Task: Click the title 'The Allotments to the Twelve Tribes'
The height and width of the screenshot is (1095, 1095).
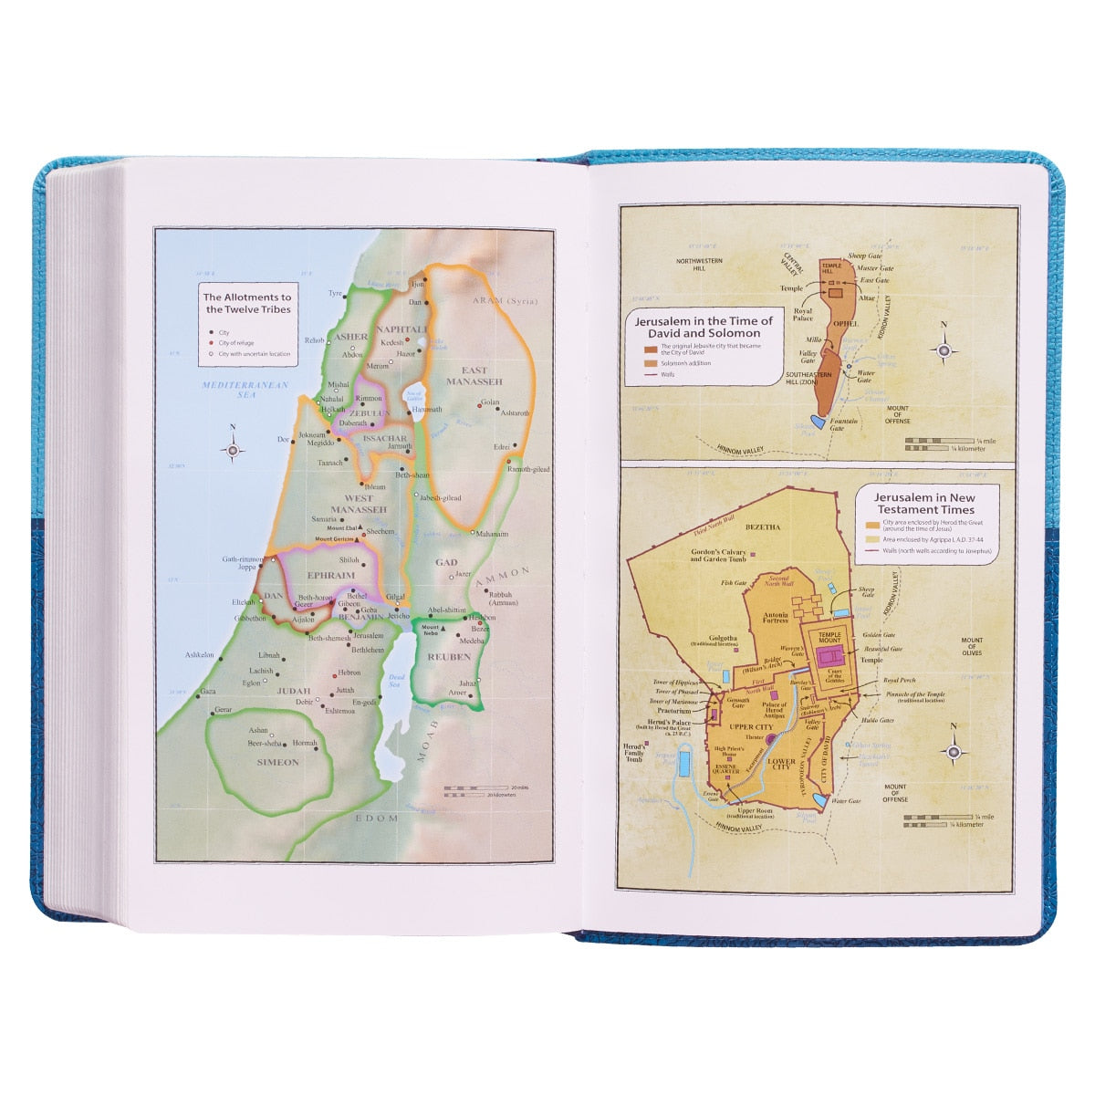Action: click(x=246, y=303)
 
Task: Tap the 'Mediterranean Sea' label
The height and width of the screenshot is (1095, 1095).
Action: click(x=245, y=390)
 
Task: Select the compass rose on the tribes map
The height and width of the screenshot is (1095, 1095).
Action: click(x=234, y=448)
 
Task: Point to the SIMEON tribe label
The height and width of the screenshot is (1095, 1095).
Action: click(x=277, y=762)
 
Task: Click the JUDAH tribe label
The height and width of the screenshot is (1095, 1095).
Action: click(x=295, y=691)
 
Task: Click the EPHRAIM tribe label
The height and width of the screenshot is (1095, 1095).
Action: click(x=329, y=577)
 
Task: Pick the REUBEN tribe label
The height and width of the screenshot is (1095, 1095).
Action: click(x=448, y=656)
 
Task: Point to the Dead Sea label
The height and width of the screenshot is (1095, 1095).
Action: click(x=395, y=680)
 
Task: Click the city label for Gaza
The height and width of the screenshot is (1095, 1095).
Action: click(x=208, y=691)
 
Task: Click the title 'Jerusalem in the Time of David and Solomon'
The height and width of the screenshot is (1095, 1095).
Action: click(x=703, y=327)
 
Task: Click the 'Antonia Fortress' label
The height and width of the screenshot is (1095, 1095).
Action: click(x=775, y=620)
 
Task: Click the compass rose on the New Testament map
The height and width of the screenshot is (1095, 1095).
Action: click(x=954, y=749)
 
